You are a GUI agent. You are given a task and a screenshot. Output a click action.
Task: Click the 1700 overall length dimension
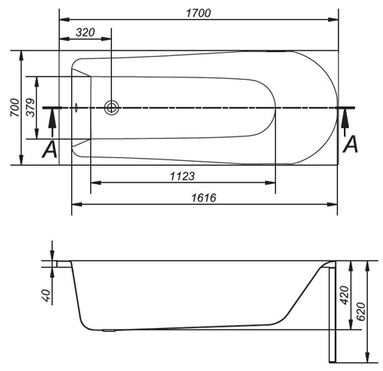pos(198,13)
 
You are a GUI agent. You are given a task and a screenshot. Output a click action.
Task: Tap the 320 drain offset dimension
pos(85,32)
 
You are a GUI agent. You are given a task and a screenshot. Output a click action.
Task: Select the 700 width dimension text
pos(15,107)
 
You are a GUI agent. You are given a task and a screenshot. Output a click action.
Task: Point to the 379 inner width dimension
pos(31,107)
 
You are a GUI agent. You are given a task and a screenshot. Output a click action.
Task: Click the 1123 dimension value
pos(182,176)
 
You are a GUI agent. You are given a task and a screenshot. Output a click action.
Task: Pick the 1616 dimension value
pos(204,198)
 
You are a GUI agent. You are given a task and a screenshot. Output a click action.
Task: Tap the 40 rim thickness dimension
pos(46,295)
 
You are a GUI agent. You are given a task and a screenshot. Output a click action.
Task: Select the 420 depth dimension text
pos(345,295)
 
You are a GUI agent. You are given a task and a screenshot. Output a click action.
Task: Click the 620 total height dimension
pos(361,311)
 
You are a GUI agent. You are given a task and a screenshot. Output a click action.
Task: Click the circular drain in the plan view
pos(112,107)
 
